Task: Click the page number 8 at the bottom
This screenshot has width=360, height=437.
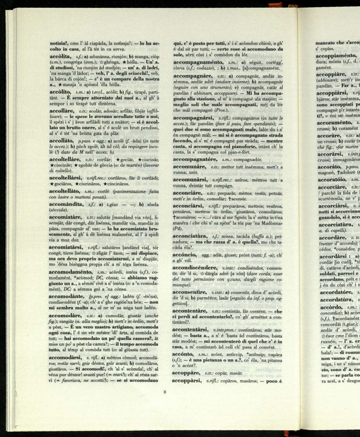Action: (x=165, y=392)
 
